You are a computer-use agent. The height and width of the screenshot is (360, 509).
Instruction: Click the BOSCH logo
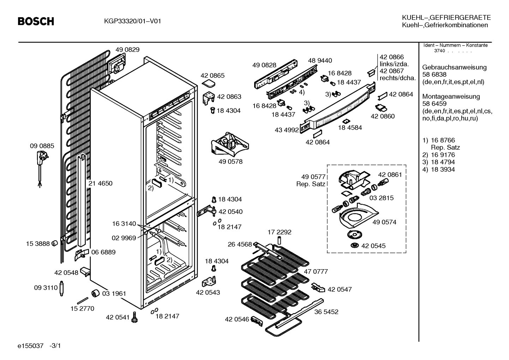tap(36, 21)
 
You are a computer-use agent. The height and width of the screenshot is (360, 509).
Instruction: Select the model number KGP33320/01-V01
tap(132, 21)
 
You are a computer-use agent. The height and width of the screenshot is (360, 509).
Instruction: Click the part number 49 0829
tap(127, 49)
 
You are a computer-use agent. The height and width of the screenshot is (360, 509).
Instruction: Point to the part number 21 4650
tap(100, 183)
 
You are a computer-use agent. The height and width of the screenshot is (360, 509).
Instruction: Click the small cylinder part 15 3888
tap(55, 243)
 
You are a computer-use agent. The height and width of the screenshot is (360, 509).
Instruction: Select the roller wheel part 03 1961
tap(95, 293)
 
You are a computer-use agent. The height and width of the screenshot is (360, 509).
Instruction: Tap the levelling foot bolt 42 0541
tap(134, 317)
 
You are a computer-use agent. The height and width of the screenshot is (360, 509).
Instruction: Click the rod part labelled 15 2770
tap(83, 301)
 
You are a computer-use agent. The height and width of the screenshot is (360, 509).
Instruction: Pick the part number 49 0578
tap(230, 161)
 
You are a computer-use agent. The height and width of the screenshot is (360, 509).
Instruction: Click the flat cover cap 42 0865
tap(208, 83)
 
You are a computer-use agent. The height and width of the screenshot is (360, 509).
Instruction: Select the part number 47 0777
tap(316, 272)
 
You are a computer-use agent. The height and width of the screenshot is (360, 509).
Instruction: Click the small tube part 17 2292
tap(279, 240)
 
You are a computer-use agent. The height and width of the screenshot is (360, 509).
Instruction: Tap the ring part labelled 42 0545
tap(355, 246)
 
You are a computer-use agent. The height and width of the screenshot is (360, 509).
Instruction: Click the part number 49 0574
tap(384, 222)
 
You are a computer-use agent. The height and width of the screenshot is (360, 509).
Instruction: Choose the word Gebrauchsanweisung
tap(454, 67)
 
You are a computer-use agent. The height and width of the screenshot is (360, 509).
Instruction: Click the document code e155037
tap(30, 346)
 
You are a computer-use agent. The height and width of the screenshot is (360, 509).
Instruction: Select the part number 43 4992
tap(287, 130)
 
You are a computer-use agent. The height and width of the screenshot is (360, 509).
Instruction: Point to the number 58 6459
tap(434, 104)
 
